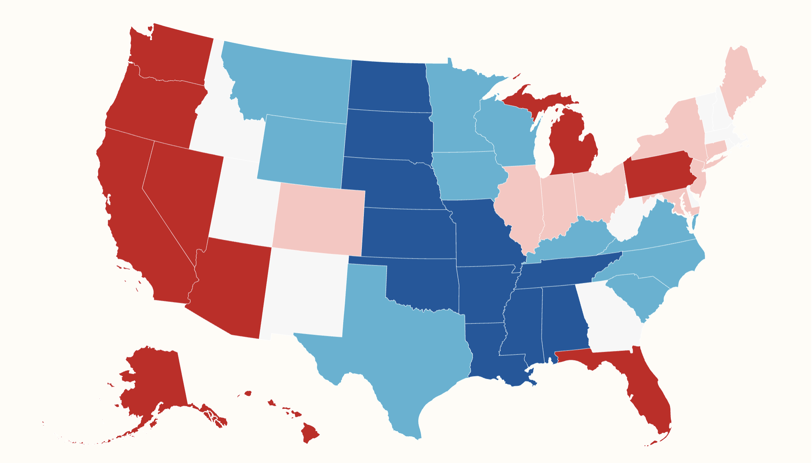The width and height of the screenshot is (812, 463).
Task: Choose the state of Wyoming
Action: [302, 151]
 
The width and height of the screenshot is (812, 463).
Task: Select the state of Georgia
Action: [608, 318]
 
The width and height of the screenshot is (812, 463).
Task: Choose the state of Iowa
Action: [465, 175]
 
